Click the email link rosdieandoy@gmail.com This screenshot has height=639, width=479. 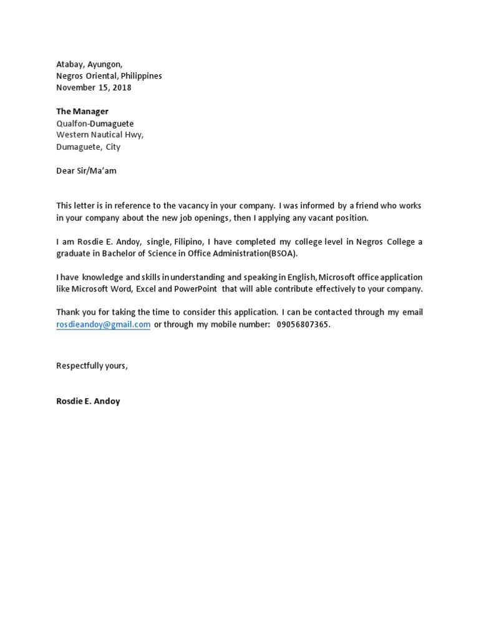[104, 324]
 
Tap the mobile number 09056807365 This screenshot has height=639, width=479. [302, 324]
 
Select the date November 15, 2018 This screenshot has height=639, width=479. [94, 87]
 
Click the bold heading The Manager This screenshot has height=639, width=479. [82, 111]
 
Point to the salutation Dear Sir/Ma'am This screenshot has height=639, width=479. [86, 170]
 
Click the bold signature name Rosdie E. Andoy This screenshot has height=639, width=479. [88, 401]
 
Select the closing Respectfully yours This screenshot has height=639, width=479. [92, 366]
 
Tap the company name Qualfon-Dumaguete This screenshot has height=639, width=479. [95, 124]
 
